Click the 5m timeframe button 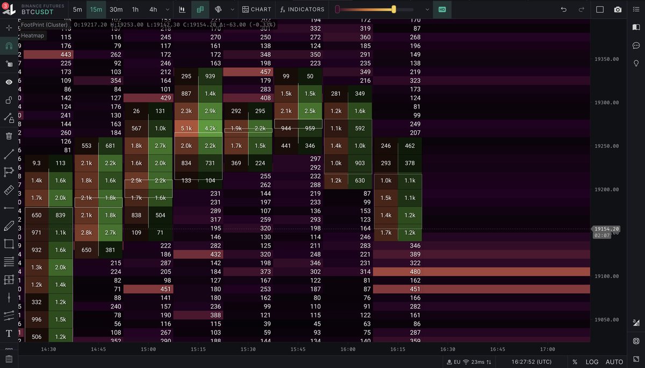coord(78,9)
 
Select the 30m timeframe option coord(116,9)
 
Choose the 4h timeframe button coord(153,9)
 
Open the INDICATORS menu coord(302,9)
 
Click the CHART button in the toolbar coord(256,9)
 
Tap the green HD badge coord(442,9)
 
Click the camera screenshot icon coord(618,9)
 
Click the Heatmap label coord(33,36)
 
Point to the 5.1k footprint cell coord(187,128)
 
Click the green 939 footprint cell coord(210,76)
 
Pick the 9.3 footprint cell coord(37,163)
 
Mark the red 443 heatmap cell coord(48,54)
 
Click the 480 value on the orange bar coord(415,272)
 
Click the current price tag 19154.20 coord(607,229)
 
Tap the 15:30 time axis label coord(248,349)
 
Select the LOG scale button coord(592,362)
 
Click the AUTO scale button coord(614,362)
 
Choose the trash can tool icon coord(9,136)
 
